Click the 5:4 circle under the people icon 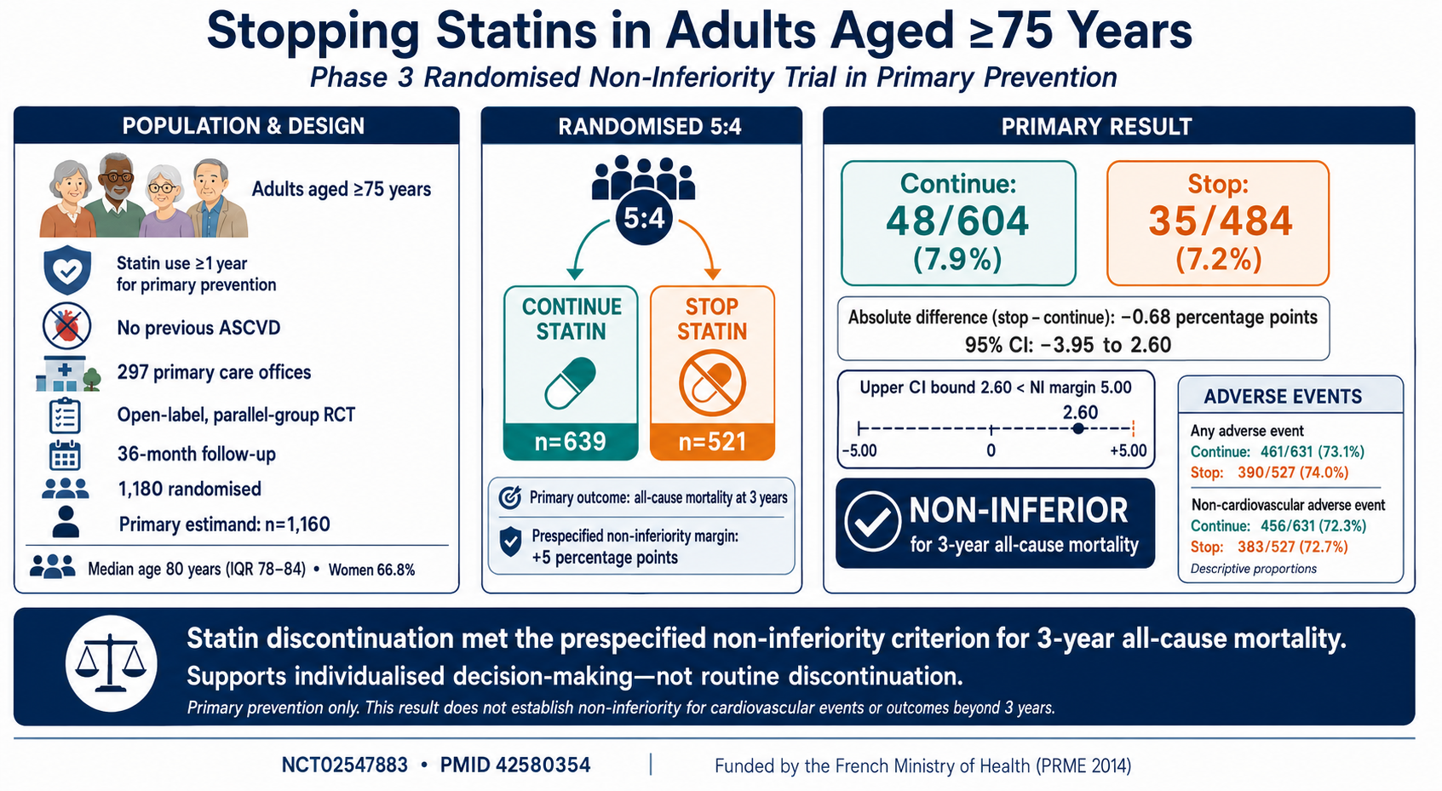point(644,217)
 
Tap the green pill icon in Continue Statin point(571,383)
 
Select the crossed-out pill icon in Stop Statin point(712,383)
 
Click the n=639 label point(571,442)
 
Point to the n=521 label point(712,442)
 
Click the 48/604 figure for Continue point(958,221)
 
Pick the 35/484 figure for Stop point(1220,221)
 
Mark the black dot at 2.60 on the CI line point(1078,428)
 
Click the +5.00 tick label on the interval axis point(1128,450)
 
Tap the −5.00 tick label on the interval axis point(859,450)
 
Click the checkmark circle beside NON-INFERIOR point(872,522)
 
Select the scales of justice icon point(111,663)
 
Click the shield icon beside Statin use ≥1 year point(67,271)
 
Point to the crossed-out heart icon point(67,326)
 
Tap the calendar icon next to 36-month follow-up point(65,455)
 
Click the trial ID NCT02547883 point(344,765)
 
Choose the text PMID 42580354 point(515,765)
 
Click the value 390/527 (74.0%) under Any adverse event point(1293,473)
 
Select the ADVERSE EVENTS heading point(1283,397)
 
